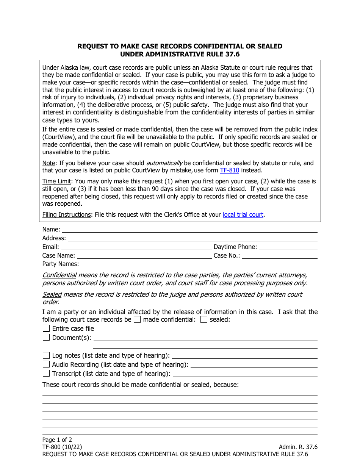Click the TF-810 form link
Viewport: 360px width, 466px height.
coord(229,170)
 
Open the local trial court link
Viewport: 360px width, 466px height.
coord(243,214)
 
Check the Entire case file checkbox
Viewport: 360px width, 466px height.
coord(46,328)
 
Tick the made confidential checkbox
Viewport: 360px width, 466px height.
coord(137,319)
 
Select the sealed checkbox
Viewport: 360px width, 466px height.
coord(204,319)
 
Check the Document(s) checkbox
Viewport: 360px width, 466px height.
coord(46,337)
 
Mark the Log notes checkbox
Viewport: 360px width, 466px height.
coord(46,355)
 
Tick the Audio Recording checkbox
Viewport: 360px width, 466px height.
coord(46,364)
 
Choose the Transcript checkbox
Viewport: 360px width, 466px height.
coord(46,373)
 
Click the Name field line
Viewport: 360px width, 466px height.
coord(189,230)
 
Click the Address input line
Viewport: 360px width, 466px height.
coord(192,238)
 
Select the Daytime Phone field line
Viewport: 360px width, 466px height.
coord(288,247)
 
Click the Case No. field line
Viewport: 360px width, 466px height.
coord(280,256)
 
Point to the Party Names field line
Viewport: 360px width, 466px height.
coord(199,264)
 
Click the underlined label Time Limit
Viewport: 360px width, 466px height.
coord(56,181)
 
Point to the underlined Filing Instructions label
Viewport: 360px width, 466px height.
coord(66,214)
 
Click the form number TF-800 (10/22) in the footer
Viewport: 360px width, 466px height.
coord(62,447)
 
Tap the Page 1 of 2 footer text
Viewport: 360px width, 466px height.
coord(57,440)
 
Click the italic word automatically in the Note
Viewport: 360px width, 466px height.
coord(164,163)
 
